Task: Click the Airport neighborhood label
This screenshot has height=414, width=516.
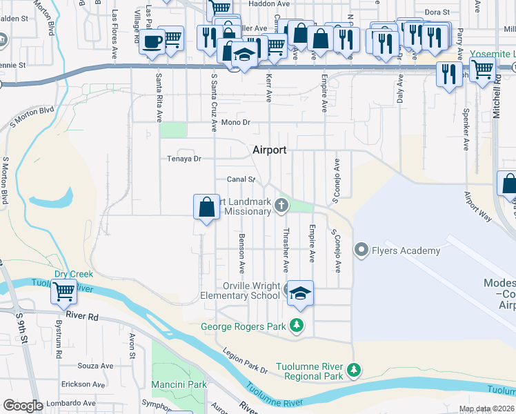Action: click(x=269, y=149)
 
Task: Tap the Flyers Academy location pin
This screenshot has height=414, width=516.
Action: click(x=360, y=250)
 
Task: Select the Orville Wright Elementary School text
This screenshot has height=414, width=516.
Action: click(x=241, y=290)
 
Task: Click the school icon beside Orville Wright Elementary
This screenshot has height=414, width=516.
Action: click(x=300, y=293)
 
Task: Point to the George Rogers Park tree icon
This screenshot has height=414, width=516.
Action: click(x=297, y=325)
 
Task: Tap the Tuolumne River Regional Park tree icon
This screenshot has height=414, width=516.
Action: click(x=353, y=371)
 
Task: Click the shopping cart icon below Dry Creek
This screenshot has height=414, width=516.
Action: click(x=63, y=293)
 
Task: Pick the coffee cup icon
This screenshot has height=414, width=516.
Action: click(x=152, y=42)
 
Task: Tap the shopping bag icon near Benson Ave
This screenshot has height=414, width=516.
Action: click(x=207, y=206)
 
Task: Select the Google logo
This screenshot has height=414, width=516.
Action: click(x=23, y=406)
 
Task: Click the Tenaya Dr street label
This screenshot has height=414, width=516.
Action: click(x=183, y=159)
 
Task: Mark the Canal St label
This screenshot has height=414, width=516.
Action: click(x=242, y=179)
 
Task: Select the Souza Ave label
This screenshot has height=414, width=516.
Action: click(x=95, y=366)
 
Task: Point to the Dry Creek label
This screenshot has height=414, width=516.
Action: click(x=74, y=274)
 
